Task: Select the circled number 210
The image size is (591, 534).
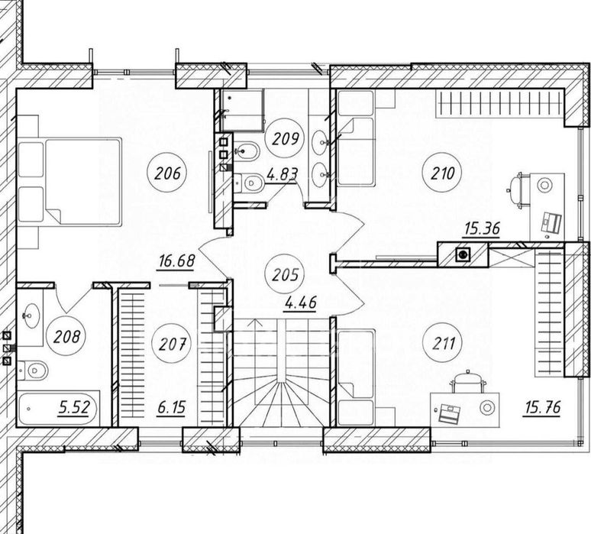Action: [443, 173]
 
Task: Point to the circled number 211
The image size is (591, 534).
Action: [443, 343]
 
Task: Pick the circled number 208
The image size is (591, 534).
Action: [66, 335]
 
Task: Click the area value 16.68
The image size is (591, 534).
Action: [177, 261]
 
